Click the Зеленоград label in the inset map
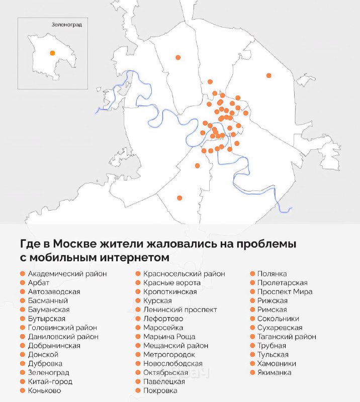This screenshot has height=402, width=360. click(66, 24)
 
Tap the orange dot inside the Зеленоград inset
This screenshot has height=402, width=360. click(52, 53)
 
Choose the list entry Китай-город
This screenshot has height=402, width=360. click(50, 381)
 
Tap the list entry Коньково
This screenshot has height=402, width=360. click(44, 390)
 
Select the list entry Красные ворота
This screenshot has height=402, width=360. click(172, 283)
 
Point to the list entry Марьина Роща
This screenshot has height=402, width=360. click(169, 337)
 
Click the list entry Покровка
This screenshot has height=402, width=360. click(160, 390)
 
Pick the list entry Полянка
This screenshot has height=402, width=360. click(272, 274)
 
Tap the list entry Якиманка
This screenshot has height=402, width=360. click(274, 372)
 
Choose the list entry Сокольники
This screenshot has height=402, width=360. click(278, 319)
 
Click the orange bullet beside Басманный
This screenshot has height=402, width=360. click(22, 300)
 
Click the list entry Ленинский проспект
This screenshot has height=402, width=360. click(180, 310)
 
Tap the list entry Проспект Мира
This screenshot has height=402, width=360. click(285, 291)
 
